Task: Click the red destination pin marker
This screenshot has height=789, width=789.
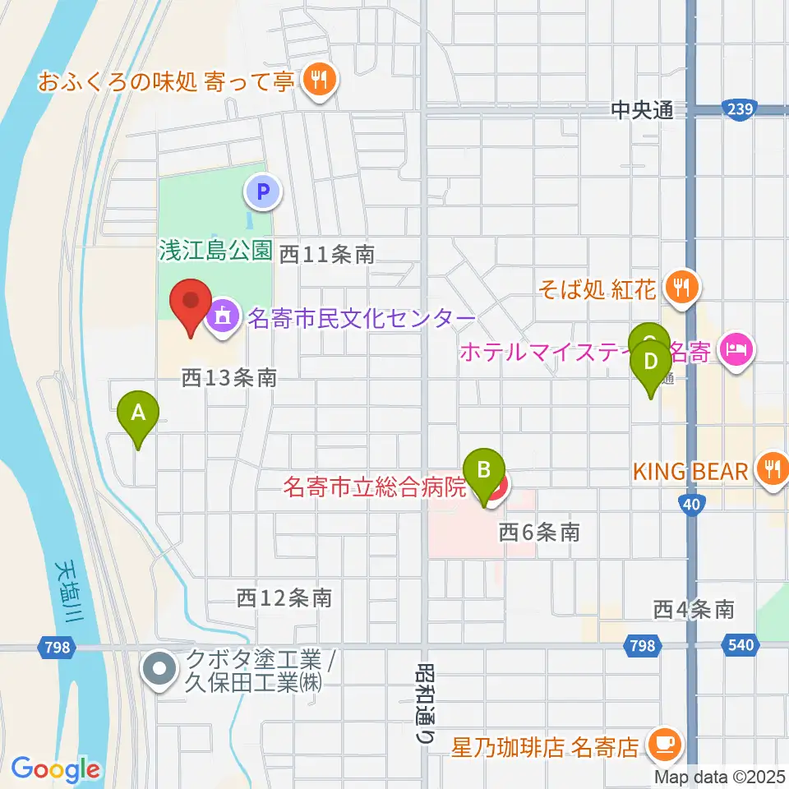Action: click(191, 306)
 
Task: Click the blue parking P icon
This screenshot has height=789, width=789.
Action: click(263, 193)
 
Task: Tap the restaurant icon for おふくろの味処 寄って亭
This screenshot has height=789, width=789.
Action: click(316, 80)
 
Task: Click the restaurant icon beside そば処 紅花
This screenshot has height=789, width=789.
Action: click(682, 287)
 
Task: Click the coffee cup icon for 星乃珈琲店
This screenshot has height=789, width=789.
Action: click(662, 745)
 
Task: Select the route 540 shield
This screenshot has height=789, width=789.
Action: click(741, 645)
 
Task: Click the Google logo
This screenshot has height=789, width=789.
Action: click(55, 769)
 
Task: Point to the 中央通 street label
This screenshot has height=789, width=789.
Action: click(643, 109)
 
